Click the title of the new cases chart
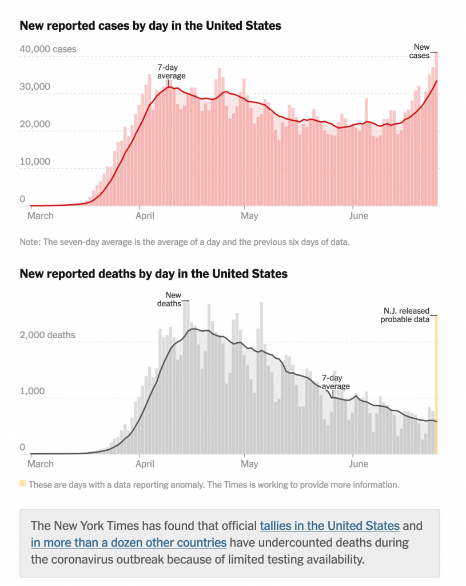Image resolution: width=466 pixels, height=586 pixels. pos(150,26)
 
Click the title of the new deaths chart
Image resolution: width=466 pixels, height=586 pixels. pos(153,274)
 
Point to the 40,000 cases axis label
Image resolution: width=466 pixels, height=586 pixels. pos(48,50)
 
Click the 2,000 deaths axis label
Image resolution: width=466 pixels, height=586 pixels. pos(48,335)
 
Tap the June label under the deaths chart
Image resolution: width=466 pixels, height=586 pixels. pos(358,464)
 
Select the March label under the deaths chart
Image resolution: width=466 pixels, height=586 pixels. pos(41,464)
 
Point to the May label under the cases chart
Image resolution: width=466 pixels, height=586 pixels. pos(249,216)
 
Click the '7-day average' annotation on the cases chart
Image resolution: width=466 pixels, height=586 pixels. pos(171,72)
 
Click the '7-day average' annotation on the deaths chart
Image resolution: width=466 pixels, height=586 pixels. pos(336,382)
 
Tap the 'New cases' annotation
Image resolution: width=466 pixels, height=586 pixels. pos(421,51)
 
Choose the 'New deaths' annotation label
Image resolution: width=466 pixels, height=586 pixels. pos(169,299)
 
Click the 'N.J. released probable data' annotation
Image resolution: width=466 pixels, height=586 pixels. pos(405,315)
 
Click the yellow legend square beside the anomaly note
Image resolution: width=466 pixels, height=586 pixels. pos(23,484)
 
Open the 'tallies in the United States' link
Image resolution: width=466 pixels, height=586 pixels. pos(329,525)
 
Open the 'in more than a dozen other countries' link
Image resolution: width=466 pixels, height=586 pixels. pos(129,542)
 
